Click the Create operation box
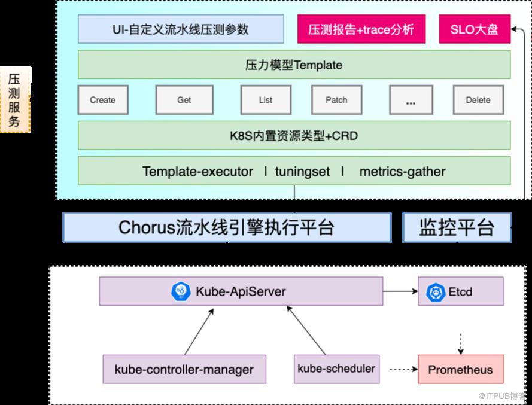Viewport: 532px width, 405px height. click(x=103, y=100)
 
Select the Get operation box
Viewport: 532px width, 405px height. click(x=184, y=100)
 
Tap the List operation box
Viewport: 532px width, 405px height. click(x=266, y=100)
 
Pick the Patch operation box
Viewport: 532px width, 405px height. click(x=336, y=100)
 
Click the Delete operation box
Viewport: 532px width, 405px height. click(x=478, y=100)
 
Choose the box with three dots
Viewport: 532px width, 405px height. click(x=411, y=100)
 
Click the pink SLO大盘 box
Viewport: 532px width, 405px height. click(x=475, y=29)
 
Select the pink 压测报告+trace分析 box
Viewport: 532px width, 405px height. click(x=361, y=29)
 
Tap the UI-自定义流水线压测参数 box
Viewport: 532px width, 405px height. click(x=181, y=29)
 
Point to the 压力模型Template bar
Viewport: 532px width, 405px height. click(x=294, y=65)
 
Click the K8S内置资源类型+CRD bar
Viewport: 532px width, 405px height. click(x=294, y=135)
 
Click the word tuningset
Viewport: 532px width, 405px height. click(x=302, y=172)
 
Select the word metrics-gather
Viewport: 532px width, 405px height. click(x=402, y=172)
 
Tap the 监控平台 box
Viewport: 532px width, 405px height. click(x=457, y=227)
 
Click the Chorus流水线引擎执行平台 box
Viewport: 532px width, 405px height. click(x=227, y=227)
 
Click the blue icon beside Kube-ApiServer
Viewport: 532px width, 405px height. click(x=181, y=291)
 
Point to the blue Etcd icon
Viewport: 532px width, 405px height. click(x=436, y=292)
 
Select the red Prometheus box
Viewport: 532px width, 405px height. click(x=460, y=369)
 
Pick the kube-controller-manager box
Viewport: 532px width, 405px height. click(x=184, y=369)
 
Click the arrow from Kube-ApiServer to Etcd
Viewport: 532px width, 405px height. click(x=400, y=291)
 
